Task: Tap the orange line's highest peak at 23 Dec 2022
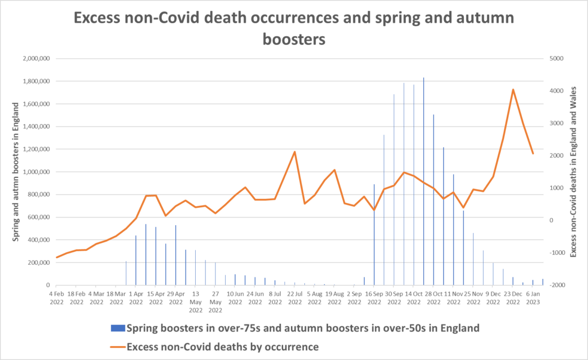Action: coord(513,90)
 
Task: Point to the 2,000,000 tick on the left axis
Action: coord(37,59)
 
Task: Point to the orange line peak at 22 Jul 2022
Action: coord(295,152)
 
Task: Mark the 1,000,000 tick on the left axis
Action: coord(37,172)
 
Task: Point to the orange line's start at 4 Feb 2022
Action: coord(57,257)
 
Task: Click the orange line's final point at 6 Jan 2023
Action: coord(533,153)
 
